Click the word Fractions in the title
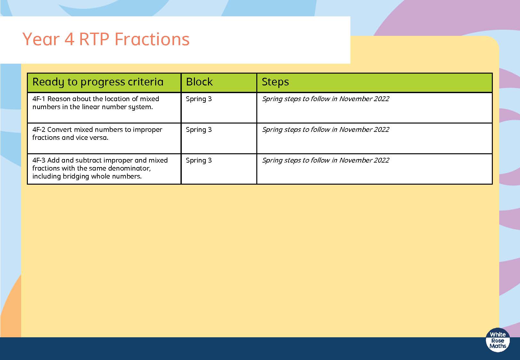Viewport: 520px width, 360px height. [x=152, y=39]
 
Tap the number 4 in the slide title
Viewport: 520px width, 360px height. [x=69, y=39]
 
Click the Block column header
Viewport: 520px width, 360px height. [x=199, y=82]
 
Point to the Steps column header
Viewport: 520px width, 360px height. [x=275, y=82]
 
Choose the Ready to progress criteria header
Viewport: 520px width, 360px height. [x=98, y=82]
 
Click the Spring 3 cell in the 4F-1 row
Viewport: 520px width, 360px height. [x=199, y=99]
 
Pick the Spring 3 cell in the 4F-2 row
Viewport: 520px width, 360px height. [x=199, y=130]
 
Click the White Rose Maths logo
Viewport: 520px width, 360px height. [x=498, y=340]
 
